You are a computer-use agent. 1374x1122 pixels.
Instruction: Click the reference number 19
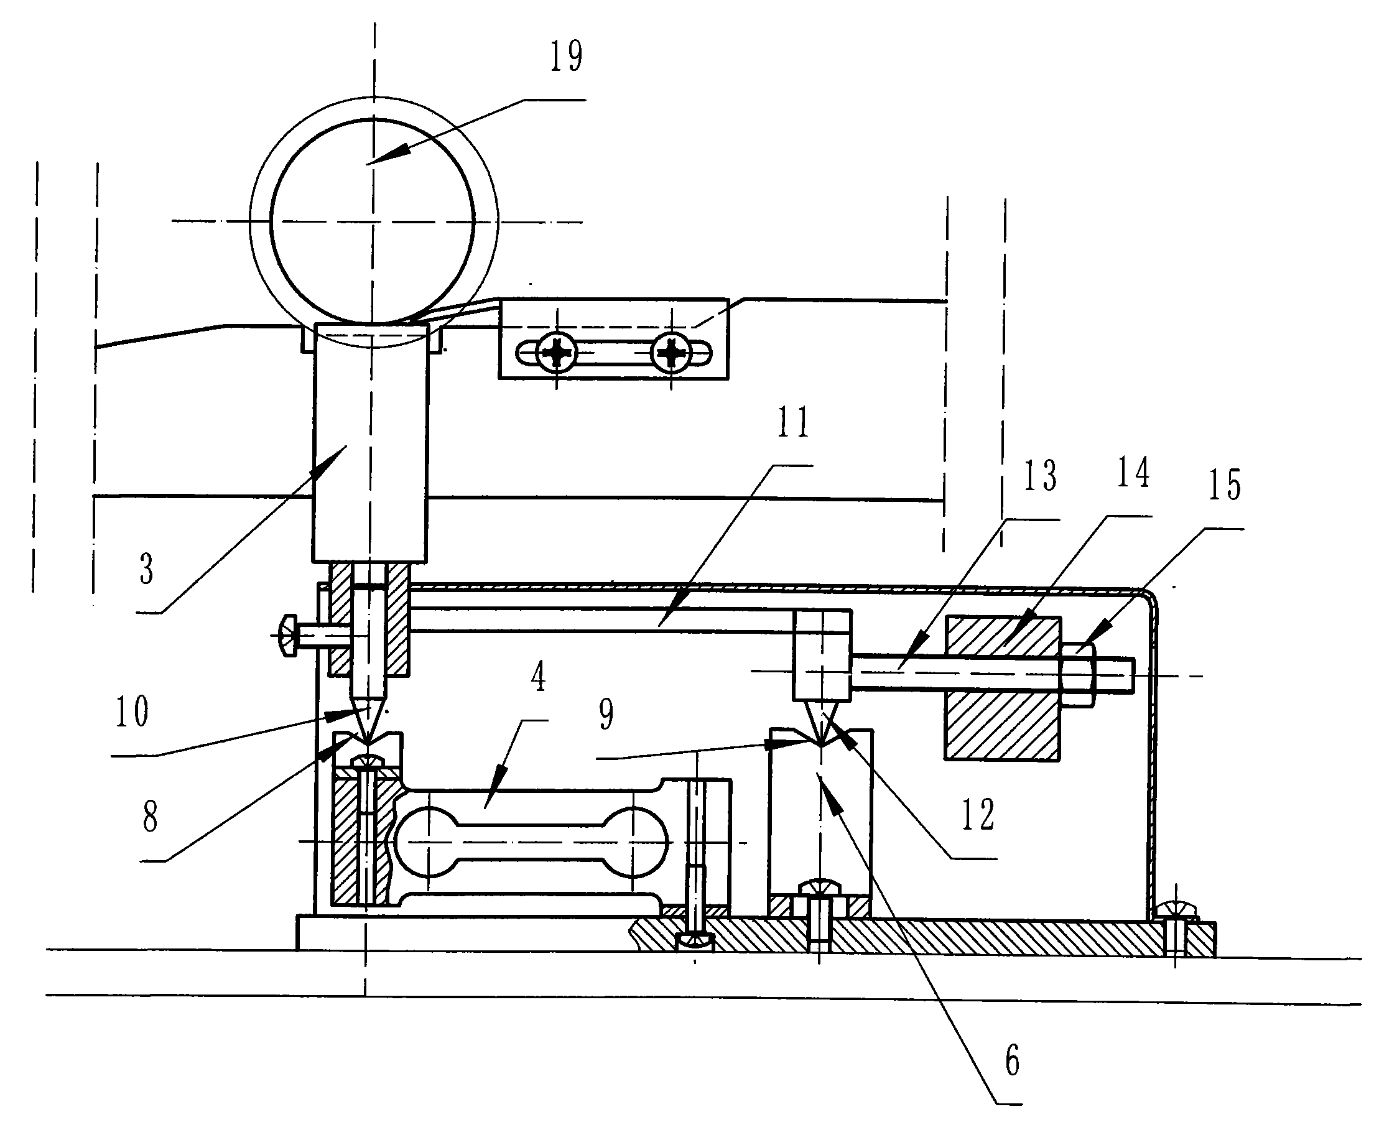[x=566, y=56]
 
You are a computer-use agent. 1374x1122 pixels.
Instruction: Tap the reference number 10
[x=132, y=712]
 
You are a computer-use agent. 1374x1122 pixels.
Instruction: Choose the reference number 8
[x=150, y=817]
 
